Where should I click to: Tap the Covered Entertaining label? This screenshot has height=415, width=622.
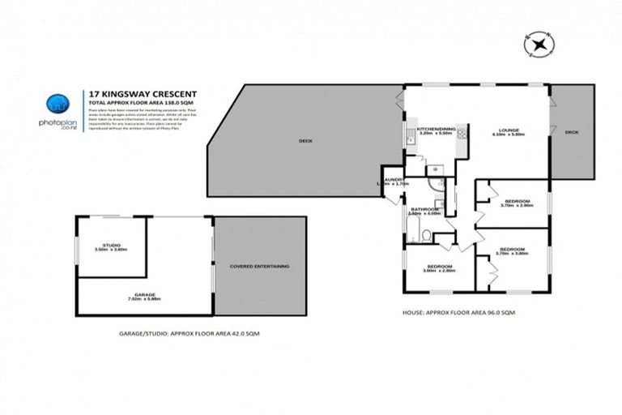pyautogui.click(x=260, y=266)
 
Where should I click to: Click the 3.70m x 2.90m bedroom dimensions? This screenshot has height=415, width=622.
pyautogui.click(x=517, y=206)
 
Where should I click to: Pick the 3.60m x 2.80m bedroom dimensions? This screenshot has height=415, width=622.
pyautogui.click(x=440, y=271)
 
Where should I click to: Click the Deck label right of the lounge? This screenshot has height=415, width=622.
pyautogui.click(x=571, y=132)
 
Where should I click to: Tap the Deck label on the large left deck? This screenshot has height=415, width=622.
pyautogui.click(x=305, y=140)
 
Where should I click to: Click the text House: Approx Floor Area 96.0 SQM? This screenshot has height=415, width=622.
pyautogui.click(x=458, y=312)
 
